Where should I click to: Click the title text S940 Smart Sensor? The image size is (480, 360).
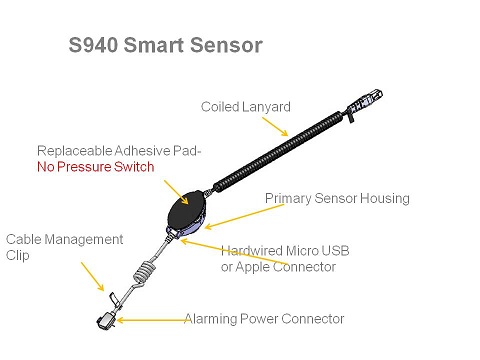pyautogui.click(x=166, y=45)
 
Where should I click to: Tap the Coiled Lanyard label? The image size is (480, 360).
pyautogui.click(x=246, y=107)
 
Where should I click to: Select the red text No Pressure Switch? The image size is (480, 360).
pyautogui.click(x=96, y=167)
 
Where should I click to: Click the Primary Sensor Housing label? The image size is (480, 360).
pyautogui.click(x=337, y=198)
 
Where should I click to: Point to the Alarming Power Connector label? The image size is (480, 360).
pyautogui.click(x=264, y=319)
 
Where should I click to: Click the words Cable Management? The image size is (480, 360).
pyautogui.click(x=65, y=239)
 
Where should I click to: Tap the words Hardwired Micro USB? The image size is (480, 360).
pyautogui.click(x=285, y=251)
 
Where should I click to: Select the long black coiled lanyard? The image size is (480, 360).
pyautogui.click(x=278, y=150)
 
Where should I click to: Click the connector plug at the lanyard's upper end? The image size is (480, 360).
pyautogui.click(x=365, y=102)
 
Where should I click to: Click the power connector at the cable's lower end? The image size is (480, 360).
pyautogui.click(x=106, y=320)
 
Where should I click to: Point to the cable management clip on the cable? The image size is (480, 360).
pyautogui.click(x=114, y=298)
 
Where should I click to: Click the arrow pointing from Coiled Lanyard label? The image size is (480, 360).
pyautogui.click(x=275, y=127)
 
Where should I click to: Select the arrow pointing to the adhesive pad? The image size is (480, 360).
pyautogui.click(x=176, y=192)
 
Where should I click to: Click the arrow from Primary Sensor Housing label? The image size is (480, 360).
pyautogui.click(x=244, y=216)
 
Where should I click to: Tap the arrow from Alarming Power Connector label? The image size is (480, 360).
pyautogui.click(x=153, y=320)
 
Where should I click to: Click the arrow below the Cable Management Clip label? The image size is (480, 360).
pyautogui.click(x=92, y=277)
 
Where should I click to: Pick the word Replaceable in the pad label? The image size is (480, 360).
pyautogui.click(x=74, y=151)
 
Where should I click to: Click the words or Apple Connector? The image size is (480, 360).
pyautogui.click(x=278, y=267)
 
